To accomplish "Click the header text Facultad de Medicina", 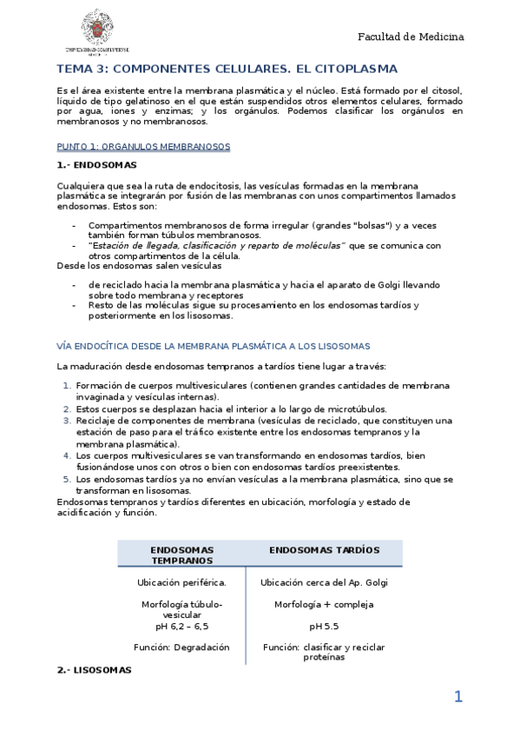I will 411,37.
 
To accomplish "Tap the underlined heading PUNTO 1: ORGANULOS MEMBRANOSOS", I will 143,147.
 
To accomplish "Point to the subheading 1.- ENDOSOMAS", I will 96,164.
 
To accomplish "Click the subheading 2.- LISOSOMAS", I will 94,670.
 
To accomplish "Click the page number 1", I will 458,697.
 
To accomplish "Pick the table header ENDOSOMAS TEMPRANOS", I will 181,555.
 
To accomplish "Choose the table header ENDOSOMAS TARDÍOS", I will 324,550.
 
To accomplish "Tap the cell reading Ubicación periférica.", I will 181,582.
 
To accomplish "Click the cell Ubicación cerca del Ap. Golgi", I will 324,582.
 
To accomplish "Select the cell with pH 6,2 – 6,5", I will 181,626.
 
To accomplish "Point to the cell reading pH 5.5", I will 324,626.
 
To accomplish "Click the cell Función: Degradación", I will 181,647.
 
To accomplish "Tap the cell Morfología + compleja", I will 324,604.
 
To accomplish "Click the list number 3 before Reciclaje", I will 67,421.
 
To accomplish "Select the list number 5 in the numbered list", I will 67,479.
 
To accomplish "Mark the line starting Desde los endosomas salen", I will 139,266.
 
